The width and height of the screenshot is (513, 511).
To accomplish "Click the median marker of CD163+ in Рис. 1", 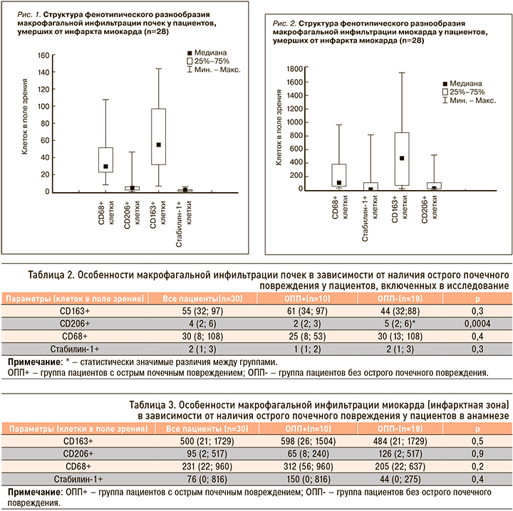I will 159,144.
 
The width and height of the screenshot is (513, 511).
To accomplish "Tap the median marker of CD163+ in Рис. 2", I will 402,158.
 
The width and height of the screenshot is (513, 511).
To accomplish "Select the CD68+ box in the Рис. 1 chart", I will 105,160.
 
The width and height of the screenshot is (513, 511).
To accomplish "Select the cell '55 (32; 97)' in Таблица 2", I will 195,312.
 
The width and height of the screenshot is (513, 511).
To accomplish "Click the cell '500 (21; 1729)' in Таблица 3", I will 195,441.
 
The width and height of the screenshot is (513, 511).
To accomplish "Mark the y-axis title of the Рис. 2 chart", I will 279,128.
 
